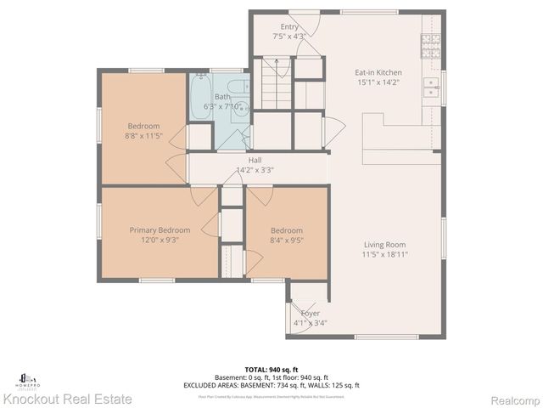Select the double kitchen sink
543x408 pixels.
(431, 93)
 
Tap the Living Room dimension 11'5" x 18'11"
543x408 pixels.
(380, 253)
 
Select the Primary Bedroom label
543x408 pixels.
(160, 229)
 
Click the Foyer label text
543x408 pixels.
(310, 313)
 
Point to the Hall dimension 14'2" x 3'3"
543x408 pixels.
(255, 169)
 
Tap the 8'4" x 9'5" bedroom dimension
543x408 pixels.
(286, 240)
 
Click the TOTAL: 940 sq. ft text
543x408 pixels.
(271, 370)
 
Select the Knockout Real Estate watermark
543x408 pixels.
(67, 398)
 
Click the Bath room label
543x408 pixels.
(222, 97)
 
